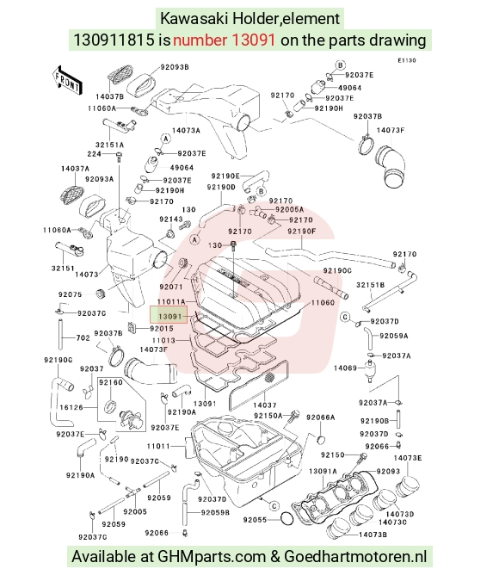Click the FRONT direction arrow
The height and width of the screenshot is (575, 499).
[67, 80]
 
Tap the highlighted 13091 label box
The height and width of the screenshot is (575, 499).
[169, 315]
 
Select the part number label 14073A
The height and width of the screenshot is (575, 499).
[186, 131]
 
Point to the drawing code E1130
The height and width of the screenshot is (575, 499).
[407, 60]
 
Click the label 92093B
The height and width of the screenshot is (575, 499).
[175, 67]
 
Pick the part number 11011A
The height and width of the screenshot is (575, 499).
[171, 302]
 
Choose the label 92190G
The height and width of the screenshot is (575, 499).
[59, 360]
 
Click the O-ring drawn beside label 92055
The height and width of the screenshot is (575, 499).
[287, 519]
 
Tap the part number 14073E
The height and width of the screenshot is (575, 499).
[408, 458]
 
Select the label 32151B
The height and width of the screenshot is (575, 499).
[370, 285]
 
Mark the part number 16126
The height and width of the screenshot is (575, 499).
[71, 407]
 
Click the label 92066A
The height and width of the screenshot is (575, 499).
[320, 417]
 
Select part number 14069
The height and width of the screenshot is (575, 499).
[345, 368]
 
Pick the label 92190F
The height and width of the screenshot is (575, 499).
[302, 232]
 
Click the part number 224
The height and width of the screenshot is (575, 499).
[95, 154]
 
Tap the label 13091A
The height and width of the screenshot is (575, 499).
[323, 471]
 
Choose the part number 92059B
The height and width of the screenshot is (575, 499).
[215, 512]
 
